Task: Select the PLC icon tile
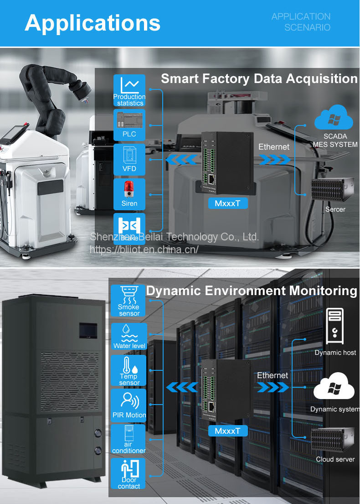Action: tap(129, 125)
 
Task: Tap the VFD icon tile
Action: tap(129, 160)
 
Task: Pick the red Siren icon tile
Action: tap(129, 194)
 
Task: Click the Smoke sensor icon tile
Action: tap(129, 301)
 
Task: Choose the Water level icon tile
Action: tap(129, 337)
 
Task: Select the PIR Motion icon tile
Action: tap(129, 404)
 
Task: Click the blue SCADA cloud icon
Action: tap(334, 118)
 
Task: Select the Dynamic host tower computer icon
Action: tap(335, 327)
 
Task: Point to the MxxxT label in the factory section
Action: tap(227, 203)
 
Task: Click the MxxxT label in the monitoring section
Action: tap(228, 431)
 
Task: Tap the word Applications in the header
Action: tap(93, 22)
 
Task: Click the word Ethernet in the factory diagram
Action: tap(274, 147)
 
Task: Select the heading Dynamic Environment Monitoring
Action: tap(252, 291)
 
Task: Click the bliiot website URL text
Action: tap(144, 249)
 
